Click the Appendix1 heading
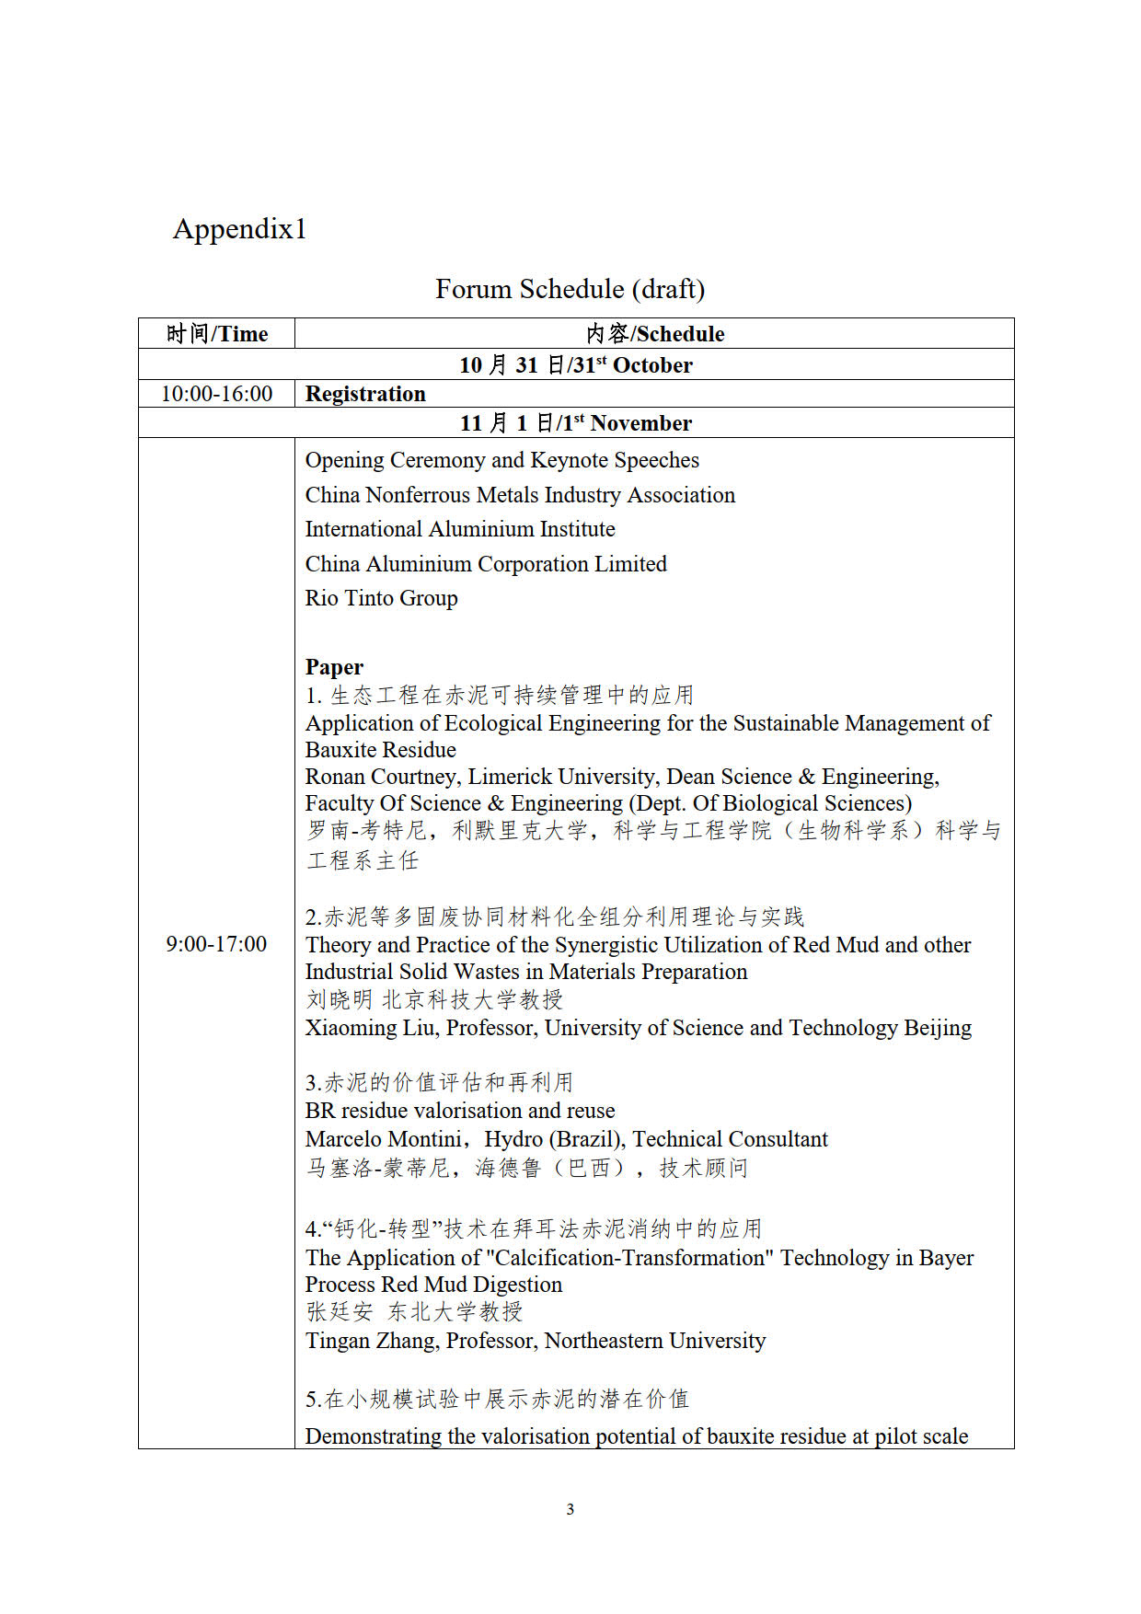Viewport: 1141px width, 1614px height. [x=239, y=229]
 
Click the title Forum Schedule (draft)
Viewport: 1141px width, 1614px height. [x=570, y=289]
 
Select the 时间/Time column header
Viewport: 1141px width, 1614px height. [x=217, y=334]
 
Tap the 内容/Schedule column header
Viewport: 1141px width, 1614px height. [x=655, y=334]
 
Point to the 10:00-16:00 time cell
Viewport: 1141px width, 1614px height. [x=217, y=394]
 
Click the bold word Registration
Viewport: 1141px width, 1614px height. [x=365, y=394]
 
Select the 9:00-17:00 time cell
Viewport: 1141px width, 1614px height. [x=216, y=944]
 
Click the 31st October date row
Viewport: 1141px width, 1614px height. [x=576, y=365]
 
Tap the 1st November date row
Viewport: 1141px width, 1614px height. [x=576, y=423]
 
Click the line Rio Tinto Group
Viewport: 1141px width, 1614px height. [x=381, y=598]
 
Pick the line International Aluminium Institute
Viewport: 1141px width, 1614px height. [x=460, y=529]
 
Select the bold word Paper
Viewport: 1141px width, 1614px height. [x=334, y=667]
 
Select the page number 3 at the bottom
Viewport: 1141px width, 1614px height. [x=570, y=1509]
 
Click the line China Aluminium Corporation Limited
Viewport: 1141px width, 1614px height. [x=486, y=564]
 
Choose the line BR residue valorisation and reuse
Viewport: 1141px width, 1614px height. [x=460, y=1111]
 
